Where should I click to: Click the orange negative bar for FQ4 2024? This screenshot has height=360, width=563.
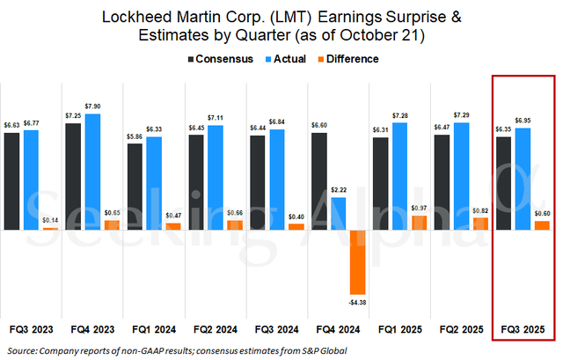(358, 261)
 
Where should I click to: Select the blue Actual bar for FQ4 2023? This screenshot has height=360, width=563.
(93, 172)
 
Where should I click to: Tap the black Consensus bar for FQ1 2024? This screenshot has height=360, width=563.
(135, 187)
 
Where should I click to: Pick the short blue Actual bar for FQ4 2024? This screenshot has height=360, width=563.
(338, 213)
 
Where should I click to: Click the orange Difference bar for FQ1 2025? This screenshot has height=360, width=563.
(419, 222)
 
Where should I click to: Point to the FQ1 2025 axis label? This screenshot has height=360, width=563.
(399, 329)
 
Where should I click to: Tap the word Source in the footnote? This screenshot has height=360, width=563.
(21, 350)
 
